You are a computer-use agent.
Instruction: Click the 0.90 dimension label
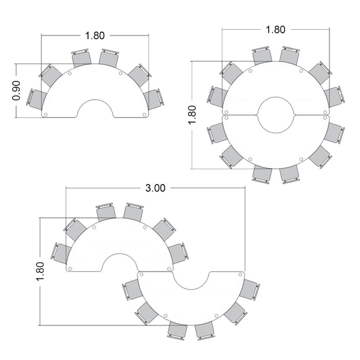pyautogui.click(x=17, y=90)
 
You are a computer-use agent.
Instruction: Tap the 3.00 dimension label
pyautogui.click(x=155, y=188)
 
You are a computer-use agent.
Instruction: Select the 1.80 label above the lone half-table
pyautogui.click(x=95, y=36)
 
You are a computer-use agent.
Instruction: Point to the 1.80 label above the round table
pyautogui.click(x=275, y=30)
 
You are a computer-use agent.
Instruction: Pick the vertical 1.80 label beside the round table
pyautogui.click(x=192, y=115)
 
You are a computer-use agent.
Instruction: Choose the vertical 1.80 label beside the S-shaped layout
pyautogui.click(x=40, y=271)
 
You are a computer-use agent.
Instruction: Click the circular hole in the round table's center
pyautogui.click(x=276, y=115)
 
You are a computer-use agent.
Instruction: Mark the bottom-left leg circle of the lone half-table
pyautogui.click(x=45, y=115)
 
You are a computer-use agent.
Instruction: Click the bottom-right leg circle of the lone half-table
pyautogui.click(x=144, y=115)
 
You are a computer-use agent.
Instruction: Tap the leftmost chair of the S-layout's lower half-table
pyautogui.click(x=133, y=289)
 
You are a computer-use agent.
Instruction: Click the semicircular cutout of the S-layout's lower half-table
pyautogui.click(x=192, y=279)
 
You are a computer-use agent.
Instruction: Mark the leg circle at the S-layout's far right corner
pyautogui.click(x=240, y=274)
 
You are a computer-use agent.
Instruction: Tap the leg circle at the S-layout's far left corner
pyautogui.click(x=70, y=269)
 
